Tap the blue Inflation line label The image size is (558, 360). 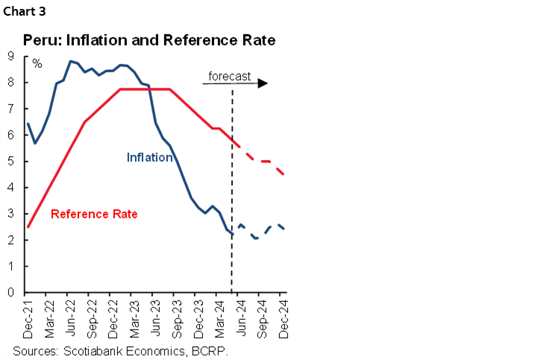point(149,157)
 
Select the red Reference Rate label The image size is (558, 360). point(94,214)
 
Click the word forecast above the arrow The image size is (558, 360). point(229,76)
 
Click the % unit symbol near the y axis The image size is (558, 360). point(37,63)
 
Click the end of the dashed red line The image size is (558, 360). point(283,174)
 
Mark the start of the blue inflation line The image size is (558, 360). point(28,124)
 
